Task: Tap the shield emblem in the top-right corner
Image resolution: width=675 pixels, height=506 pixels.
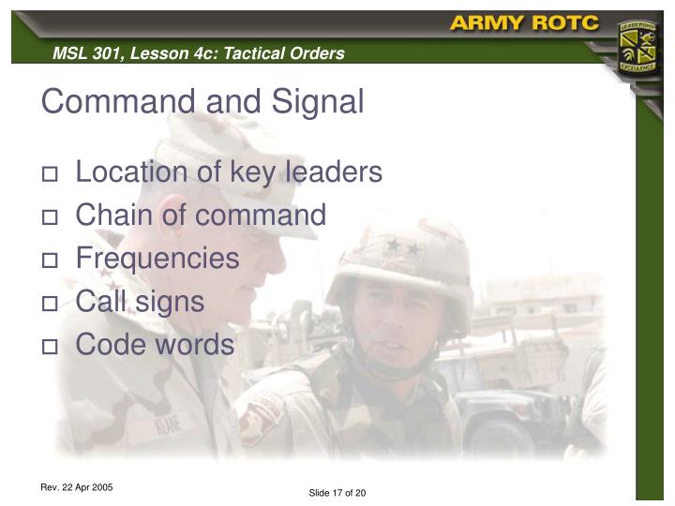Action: click(x=637, y=51)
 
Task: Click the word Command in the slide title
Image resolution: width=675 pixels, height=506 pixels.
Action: click(x=109, y=101)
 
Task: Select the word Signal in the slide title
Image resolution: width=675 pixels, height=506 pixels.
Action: click(x=317, y=101)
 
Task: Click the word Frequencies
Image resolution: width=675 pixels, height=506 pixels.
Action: click(x=157, y=259)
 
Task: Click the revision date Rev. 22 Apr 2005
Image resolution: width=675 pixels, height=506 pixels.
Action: click(x=77, y=487)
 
